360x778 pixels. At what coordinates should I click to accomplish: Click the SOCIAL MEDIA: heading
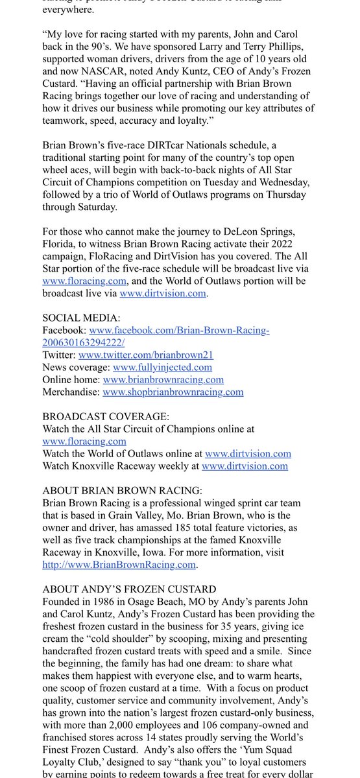81,318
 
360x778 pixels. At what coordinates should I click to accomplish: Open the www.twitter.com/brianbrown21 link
146,355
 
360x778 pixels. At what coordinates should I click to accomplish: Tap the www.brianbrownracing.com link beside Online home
163,379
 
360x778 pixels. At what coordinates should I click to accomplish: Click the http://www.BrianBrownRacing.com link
119,565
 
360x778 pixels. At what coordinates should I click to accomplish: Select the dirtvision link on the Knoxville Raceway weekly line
245,466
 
